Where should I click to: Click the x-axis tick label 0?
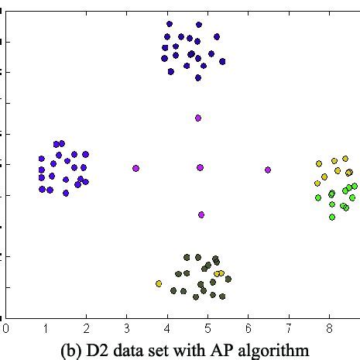(6, 328)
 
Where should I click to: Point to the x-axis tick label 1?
(46, 328)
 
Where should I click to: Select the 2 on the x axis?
(87, 328)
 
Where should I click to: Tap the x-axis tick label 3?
(127, 328)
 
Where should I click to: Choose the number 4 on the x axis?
(167, 328)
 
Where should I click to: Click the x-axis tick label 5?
(208, 328)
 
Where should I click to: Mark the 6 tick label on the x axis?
(249, 328)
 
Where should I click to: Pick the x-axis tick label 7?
(289, 328)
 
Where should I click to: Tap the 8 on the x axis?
(329, 328)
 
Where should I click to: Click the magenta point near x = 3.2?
(135, 168)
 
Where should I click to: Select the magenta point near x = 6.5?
(268, 170)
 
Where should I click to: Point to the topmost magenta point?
(198, 118)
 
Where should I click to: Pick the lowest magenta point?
(201, 214)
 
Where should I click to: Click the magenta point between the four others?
(200, 167)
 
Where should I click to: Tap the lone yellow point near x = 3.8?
(159, 284)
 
